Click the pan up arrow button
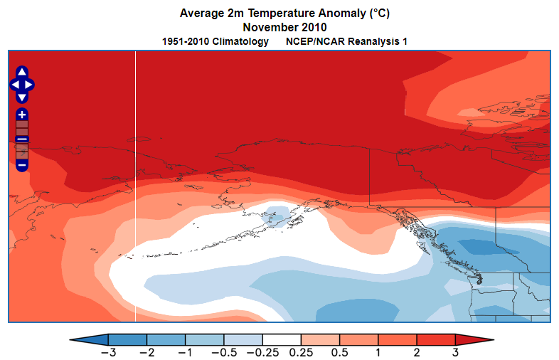coord(22,73)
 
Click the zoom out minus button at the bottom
coord(22,164)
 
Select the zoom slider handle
coord(22,139)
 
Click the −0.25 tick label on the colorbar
coord(262,352)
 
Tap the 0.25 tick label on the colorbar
coord(302,352)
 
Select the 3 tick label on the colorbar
coord(455,352)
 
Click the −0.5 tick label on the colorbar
coord(224,352)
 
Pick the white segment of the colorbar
coord(282,339)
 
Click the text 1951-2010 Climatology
coord(215,41)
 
